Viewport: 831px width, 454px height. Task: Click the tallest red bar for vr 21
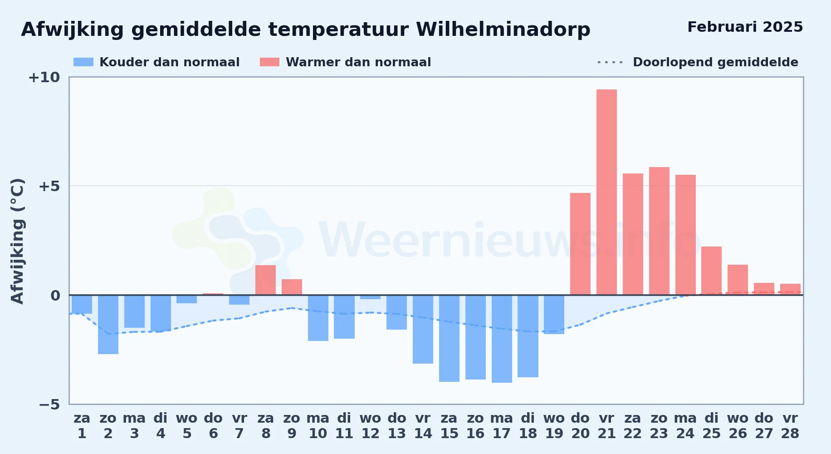[x=606, y=192]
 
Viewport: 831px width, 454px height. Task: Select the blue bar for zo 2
[x=108, y=325]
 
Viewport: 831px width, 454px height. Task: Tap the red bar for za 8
[x=265, y=280]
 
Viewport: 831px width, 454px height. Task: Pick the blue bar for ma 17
[x=502, y=339]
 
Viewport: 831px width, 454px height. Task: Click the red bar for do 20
[x=580, y=244]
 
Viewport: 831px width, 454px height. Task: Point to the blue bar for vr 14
[x=423, y=329]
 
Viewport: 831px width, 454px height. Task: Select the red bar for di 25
[x=711, y=271]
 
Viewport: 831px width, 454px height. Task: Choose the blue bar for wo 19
[x=554, y=315]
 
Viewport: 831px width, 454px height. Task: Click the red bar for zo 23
[x=659, y=231]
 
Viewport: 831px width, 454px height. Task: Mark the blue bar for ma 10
[x=318, y=318]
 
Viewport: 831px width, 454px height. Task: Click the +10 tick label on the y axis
[x=44, y=77]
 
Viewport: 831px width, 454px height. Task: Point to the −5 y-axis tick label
[x=49, y=404]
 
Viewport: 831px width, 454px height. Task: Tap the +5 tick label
[x=49, y=186]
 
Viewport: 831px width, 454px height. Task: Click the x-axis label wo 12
[x=370, y=426]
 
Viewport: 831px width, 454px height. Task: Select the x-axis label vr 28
[x=790, y=426]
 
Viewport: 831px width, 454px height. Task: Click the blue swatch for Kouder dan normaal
[x=83, y=62]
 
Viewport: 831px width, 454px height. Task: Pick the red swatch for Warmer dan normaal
[x=269, y=62]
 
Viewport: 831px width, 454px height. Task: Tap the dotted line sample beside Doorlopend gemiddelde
[x=611, y=62]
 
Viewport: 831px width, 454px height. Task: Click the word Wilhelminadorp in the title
[x=503, y=30]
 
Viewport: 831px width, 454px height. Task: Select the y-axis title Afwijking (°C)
[x=17, y=241]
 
